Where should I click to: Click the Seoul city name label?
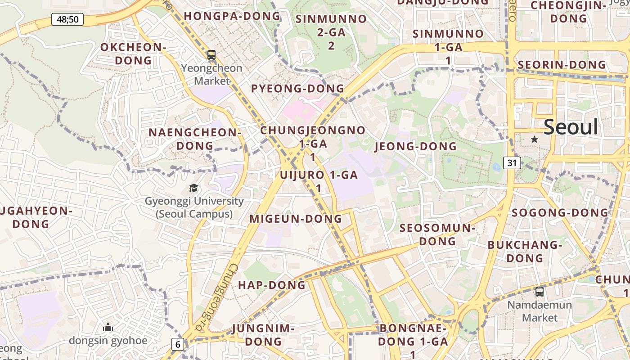point(571,127)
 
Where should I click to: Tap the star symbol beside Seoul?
point(534,139)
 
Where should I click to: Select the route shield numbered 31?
point(512,163)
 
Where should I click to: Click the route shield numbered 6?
point(178,345)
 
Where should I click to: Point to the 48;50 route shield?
point(67,19)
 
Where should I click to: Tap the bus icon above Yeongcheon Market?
point(211,55)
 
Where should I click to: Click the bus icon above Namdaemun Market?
point(539,292)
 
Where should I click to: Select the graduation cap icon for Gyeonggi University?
point(193,188)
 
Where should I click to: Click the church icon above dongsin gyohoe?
point(108,328)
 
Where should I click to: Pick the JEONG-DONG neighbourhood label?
point(415,146)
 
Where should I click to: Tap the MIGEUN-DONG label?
point(296,219)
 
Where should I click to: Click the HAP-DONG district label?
point(271,285)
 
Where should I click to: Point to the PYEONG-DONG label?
point(297,88)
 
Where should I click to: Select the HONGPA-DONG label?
point(232,16)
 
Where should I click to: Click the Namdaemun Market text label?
point(540,311)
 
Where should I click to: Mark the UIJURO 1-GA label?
point(319,175)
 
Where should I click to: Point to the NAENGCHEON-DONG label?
point(195,139)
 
